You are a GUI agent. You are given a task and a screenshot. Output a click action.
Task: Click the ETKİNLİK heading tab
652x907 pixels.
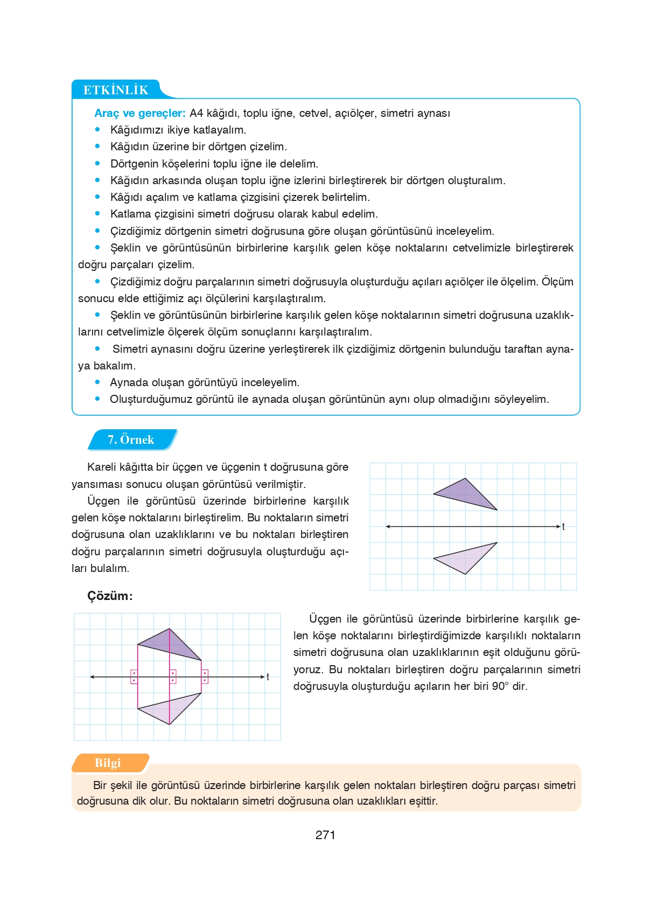(115, 90)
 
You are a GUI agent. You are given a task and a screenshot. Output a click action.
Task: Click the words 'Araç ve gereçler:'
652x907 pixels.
(139, 113)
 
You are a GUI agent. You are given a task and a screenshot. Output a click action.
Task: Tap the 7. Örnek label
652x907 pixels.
(131, 439)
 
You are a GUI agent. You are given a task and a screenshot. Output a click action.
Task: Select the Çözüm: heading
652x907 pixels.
(110, 596)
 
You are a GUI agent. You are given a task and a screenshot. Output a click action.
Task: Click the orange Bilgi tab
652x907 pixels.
(108, 763)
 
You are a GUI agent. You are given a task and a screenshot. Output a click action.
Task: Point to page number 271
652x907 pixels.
(325, 835)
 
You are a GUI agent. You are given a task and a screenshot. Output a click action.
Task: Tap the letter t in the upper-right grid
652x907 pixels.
(563, 527)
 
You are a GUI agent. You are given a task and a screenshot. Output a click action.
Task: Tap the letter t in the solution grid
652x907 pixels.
(268, 677)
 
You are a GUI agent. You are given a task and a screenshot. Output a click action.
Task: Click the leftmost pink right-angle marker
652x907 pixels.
(134, 677)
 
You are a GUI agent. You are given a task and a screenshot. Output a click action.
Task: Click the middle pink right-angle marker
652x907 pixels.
(173, 677)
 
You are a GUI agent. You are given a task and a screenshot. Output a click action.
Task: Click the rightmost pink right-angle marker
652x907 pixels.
(205, 677)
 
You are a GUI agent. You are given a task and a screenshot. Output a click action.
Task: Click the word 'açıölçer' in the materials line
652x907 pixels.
(354, 113)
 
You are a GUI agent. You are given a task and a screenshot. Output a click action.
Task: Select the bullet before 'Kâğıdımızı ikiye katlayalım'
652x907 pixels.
(97, 129)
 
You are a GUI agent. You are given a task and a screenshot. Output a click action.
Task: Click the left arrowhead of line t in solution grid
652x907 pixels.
(92, 677)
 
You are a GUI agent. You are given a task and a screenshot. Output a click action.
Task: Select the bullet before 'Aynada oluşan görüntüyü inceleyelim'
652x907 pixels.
(97, 382)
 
